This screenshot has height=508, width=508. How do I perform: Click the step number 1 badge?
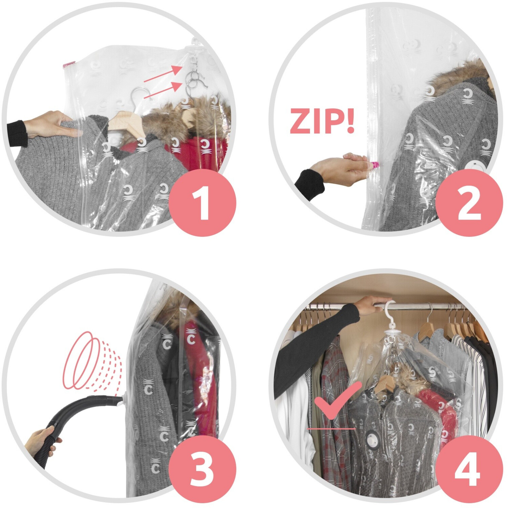point(202,203)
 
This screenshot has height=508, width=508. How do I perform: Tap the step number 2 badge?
point(469,203)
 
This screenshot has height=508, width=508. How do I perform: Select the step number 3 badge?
point(202,469)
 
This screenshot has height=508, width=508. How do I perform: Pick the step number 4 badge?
point(469,469)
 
